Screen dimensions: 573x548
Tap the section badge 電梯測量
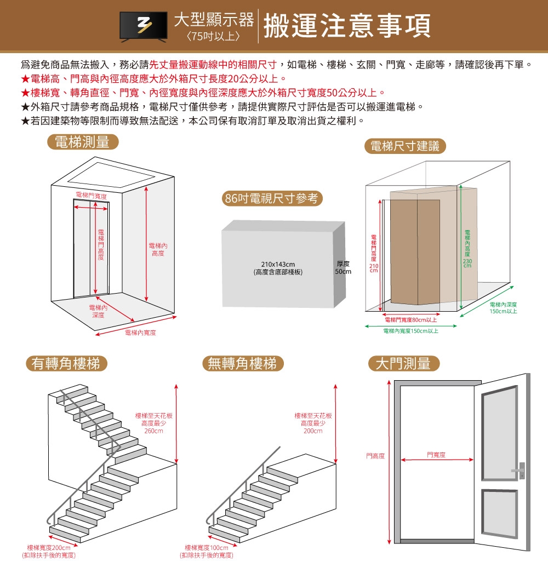[x=83, y=142]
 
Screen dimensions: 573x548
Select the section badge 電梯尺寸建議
[x=405, y=146]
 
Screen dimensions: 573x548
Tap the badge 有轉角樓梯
[x=66, y=363]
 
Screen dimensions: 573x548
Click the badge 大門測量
[x=404, y=363]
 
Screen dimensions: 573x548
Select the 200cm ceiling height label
[x=312, y=423]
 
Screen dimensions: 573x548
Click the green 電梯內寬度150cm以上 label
[x=411, y=331]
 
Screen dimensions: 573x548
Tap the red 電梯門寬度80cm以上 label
[x=410, y=319]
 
